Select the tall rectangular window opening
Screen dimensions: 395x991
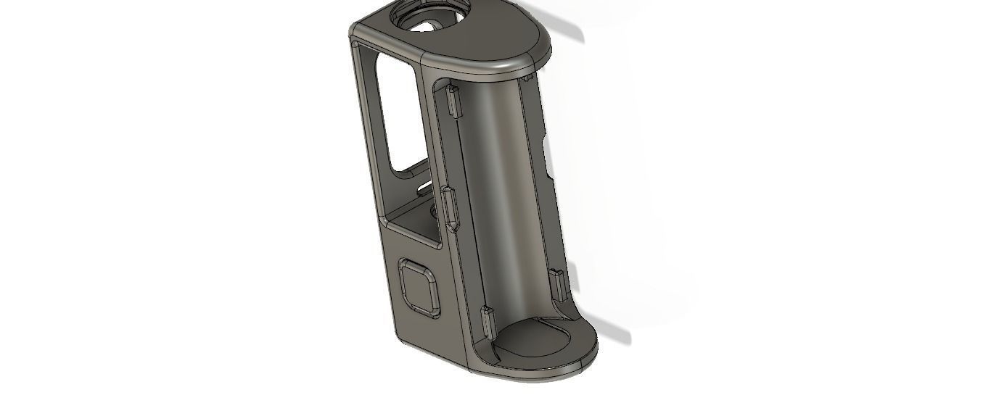pos(395,116)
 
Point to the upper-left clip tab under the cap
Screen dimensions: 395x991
pos(453,101)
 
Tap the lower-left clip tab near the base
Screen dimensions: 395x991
pos(486,321)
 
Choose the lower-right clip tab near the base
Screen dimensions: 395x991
pos(557,284)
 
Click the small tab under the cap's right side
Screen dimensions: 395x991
pos(527,75)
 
